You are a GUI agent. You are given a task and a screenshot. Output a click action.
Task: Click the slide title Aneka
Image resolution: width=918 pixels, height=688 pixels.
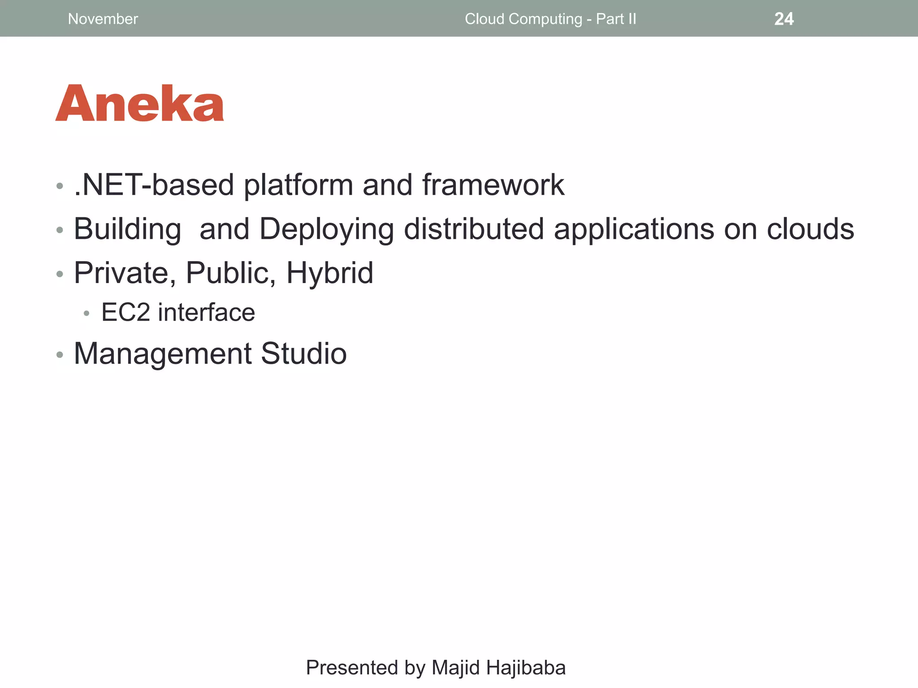[x=139, y=104]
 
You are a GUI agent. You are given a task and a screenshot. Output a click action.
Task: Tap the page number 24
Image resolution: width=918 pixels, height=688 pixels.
[x=784, y=19]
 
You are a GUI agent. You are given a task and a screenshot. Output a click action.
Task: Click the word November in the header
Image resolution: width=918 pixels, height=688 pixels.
[x=103, y=19]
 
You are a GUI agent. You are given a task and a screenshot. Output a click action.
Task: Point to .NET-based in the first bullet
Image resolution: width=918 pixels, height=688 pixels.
[x=154, y=185]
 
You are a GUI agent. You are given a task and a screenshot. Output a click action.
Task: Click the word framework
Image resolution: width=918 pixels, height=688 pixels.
[x=493, y=185]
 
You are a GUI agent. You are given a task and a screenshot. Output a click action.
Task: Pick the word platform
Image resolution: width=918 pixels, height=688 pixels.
[x=299, y=185]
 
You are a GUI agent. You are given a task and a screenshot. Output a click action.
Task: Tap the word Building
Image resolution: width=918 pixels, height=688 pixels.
[x=127, y=229]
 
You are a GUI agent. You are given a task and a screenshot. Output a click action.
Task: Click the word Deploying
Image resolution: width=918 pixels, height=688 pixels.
[x=327, y=229]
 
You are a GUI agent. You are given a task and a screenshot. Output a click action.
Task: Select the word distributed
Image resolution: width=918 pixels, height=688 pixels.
[x=474, y=228]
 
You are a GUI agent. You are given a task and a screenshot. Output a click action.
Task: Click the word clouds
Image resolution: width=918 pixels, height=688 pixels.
[x=810, y=228]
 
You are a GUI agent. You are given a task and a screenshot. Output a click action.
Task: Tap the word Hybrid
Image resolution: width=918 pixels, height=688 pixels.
[x=329, y=273]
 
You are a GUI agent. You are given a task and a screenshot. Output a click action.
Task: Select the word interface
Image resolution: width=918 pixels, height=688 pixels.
[x=206, y=312]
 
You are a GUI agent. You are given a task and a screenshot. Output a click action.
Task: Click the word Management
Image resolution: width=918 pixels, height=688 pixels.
[x=162, y=354]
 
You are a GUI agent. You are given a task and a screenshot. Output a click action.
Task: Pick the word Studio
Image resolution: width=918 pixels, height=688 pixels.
[x=303, y=353]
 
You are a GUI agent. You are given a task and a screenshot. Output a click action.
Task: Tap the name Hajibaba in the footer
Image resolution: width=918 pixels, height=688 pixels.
[x=526, y=667]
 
